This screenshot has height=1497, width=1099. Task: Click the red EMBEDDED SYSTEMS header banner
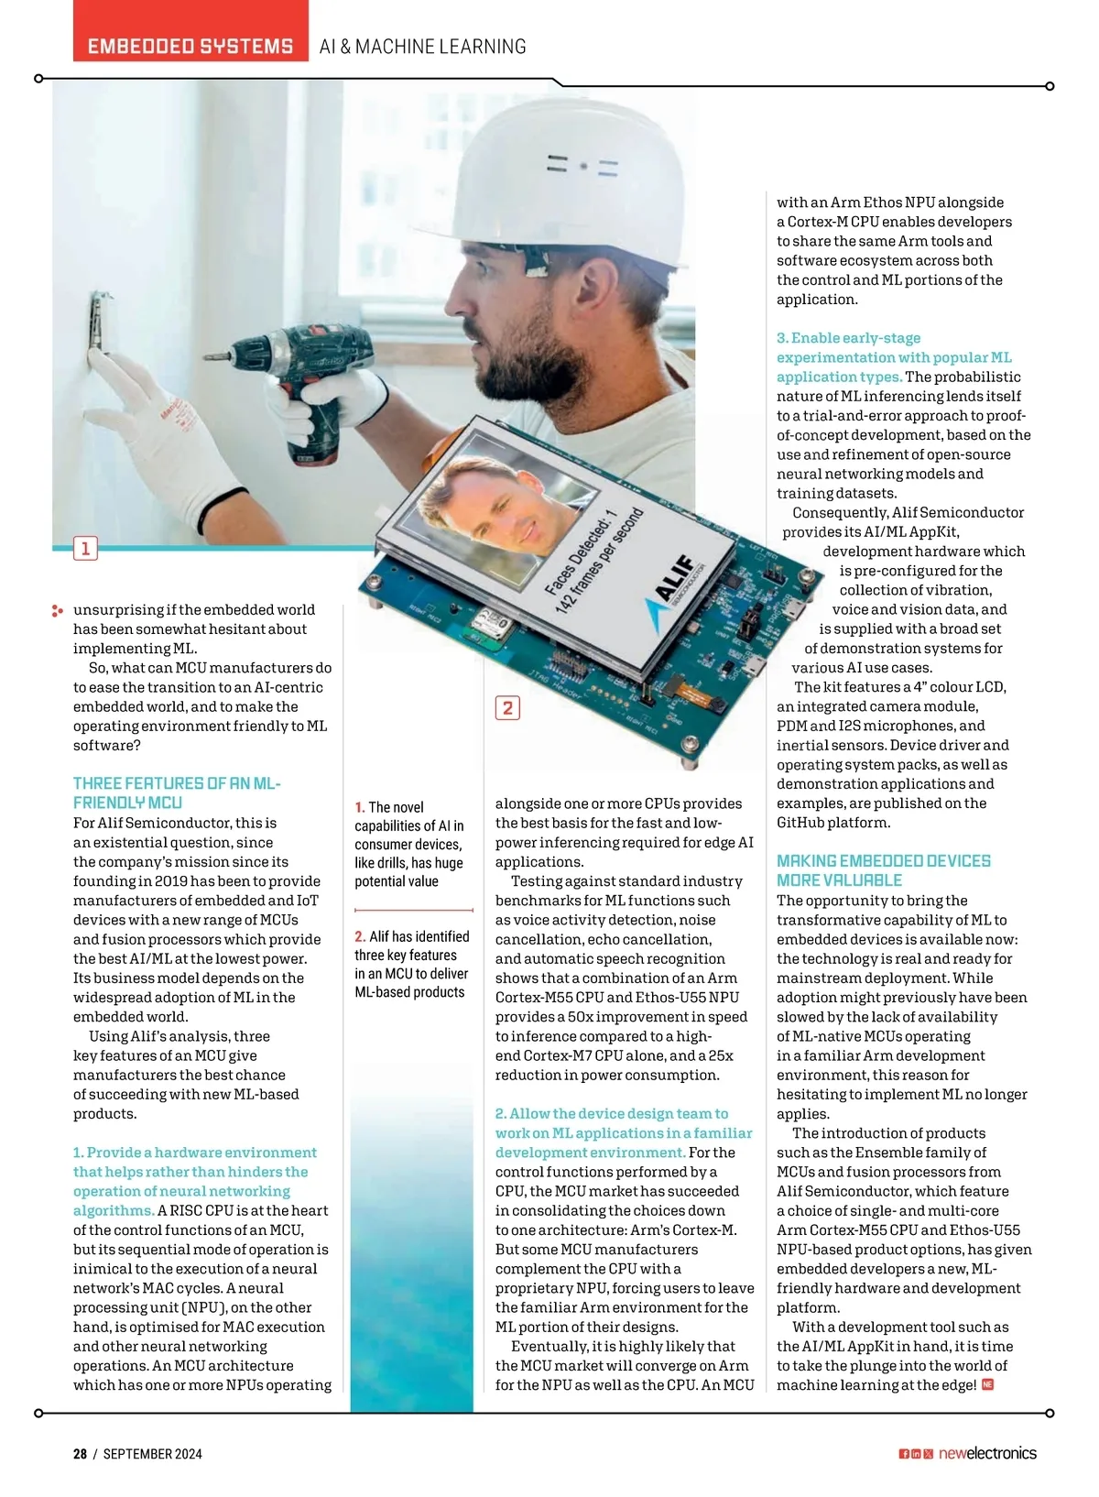click(190, 46)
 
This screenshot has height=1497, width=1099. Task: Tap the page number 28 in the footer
click(81, 1454)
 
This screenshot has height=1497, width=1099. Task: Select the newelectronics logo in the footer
click(987, 1454)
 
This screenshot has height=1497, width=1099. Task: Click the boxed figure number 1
click(85, 549)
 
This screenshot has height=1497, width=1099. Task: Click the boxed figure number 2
click(507, 707)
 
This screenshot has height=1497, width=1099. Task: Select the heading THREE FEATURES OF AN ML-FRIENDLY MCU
click(177, 792)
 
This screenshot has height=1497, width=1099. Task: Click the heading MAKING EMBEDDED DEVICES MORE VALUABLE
click(883, 870)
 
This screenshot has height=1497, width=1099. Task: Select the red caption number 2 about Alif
click(360, 936)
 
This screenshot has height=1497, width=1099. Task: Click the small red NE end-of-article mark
click(987, 1384)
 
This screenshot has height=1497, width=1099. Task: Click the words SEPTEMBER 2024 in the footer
click(152, 1454)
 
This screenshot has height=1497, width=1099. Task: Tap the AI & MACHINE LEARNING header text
click(422, 47)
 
